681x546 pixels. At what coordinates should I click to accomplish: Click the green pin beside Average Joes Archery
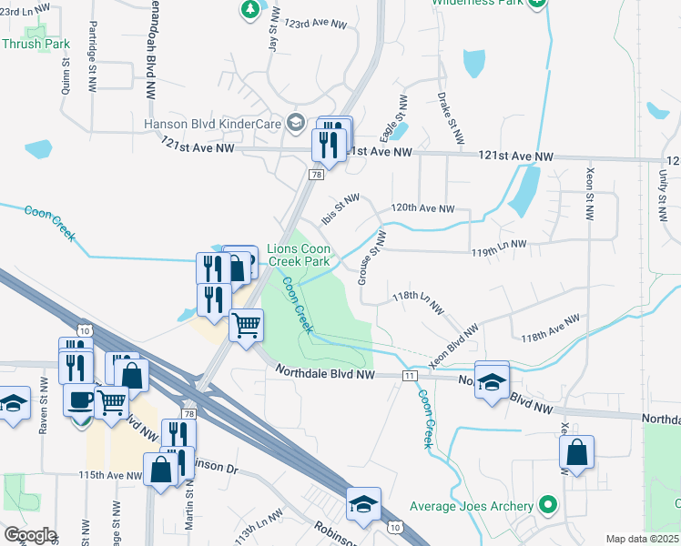(547, 504)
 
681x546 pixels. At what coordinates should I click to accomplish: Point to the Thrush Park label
(36, 44)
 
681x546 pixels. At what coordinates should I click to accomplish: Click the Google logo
(30, 535)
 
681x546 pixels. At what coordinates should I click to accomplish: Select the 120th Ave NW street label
(422, 208)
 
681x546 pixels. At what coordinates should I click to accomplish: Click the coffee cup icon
(80, 401)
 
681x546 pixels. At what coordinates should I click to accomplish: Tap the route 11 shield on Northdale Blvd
(411, 375)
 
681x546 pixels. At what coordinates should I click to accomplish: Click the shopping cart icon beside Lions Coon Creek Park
(246, 324)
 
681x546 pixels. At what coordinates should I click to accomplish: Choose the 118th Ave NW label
(550, 329)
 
